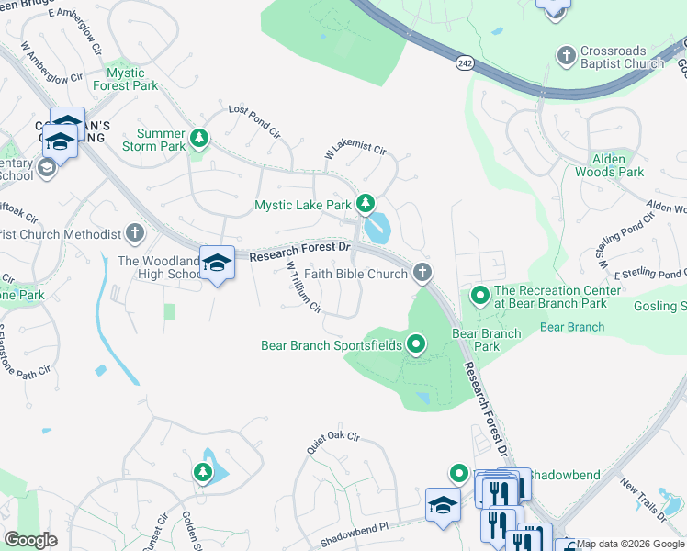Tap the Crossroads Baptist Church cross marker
566,56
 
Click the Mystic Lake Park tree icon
366,203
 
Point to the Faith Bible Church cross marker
422,272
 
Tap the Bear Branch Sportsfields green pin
415,345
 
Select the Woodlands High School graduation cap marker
217,264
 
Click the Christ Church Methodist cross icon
136,233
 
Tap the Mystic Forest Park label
132,79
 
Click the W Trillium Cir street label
303,287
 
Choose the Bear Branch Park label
475,340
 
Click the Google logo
30,540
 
